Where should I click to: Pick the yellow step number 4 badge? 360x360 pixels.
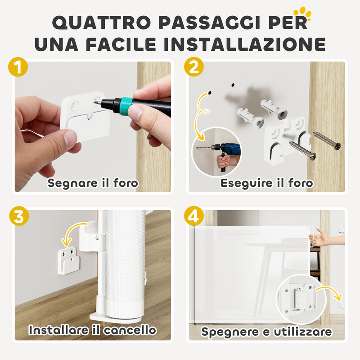pyautogui.click(x=193, y=216)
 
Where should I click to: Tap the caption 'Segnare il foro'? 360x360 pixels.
pyautogui.click(x=93, y=183)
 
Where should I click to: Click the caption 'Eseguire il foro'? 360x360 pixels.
pyautogui.click(x=266, y=183)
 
